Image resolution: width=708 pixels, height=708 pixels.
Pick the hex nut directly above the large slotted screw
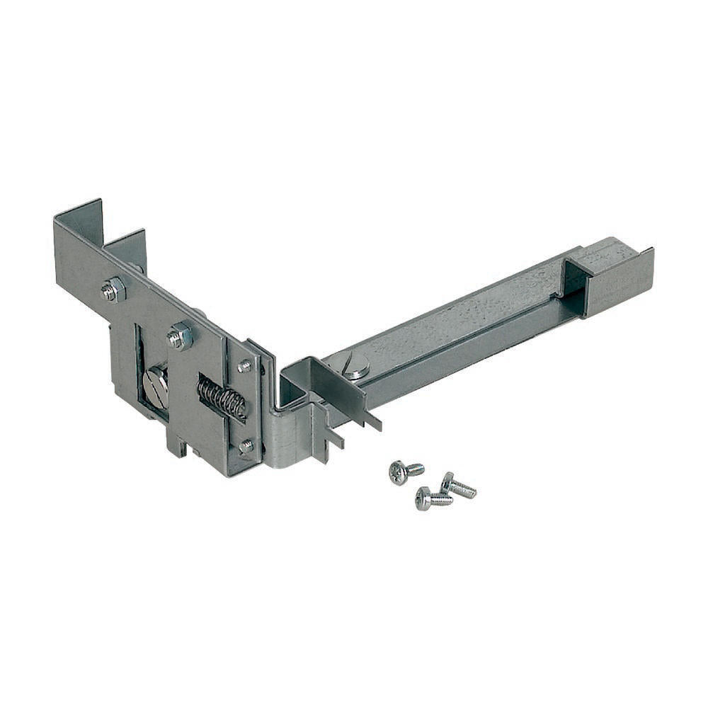click(x=181, y=336)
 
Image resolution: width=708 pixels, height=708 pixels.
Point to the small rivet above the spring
click(x=245, y=366)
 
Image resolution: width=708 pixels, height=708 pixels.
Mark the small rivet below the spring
click(x=246, y=446)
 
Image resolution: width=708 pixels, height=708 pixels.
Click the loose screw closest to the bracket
click(x=405, y=471)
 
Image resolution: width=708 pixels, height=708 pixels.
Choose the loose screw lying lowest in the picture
click(x=433, y=498)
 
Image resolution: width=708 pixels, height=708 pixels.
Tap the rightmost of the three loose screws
click(x=458, y=486)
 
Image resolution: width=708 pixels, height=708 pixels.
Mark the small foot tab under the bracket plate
click(x=177, y=446)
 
